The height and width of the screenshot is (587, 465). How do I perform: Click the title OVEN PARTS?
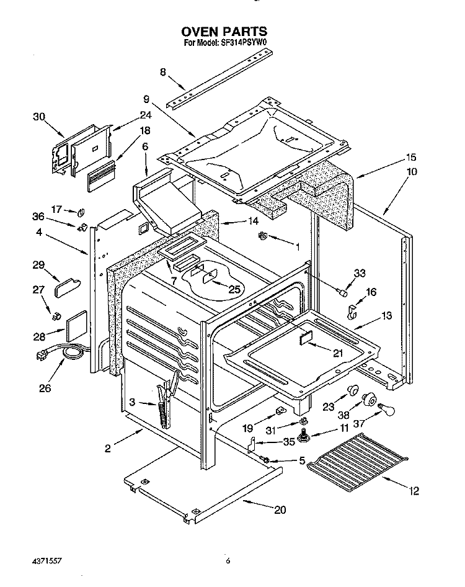[x=224, y=30]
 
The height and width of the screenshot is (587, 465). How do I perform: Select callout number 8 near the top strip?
[x=162, y=72]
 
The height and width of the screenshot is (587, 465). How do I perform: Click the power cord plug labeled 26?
[x=43, y=356]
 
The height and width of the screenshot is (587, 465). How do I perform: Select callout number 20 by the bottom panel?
[x=280, y=509]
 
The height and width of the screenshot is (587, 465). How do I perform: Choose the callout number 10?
[x=412, y=171]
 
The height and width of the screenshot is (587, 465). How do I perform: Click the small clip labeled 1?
[x=262, y=236]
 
